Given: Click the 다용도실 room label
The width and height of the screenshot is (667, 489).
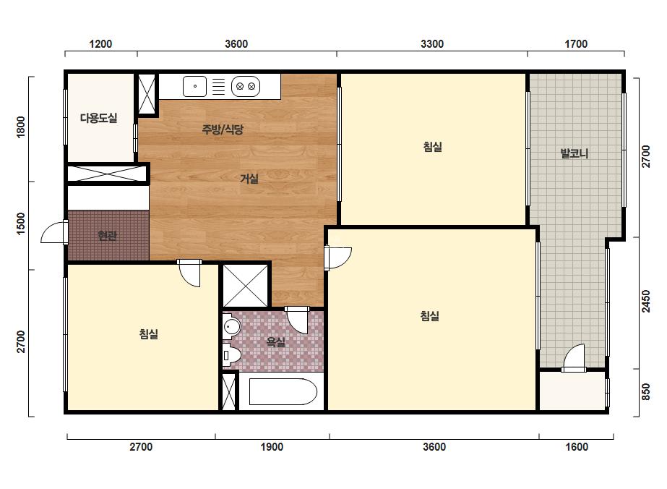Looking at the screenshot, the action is point(99,118).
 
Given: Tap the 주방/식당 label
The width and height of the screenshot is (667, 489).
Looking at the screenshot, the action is point(223,129).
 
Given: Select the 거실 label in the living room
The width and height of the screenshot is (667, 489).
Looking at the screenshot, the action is point(249,179).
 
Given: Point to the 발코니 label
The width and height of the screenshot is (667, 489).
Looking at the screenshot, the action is point(575,153).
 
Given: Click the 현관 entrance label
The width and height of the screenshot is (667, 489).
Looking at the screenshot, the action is point(107,236).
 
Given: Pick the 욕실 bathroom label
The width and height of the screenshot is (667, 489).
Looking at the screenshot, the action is point(275,341).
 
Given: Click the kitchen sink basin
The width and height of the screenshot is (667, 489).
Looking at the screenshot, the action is point(195,87).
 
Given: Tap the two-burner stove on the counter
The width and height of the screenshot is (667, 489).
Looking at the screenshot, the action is point(246,87).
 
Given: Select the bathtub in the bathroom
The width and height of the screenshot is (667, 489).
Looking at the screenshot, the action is point(283,391).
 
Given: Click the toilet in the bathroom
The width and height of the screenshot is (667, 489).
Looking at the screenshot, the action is point(231,355).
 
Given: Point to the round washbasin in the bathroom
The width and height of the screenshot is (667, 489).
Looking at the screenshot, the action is point(232,327).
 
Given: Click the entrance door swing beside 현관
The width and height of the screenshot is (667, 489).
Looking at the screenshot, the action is point(54,232).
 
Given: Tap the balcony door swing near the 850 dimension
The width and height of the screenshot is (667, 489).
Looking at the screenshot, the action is point(573,357).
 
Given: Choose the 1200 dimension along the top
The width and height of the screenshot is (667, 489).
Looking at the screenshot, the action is point(100,44).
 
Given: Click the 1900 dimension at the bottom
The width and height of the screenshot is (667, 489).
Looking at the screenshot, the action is point(272,447).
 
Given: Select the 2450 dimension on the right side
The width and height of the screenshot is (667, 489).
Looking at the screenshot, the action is point(646,301).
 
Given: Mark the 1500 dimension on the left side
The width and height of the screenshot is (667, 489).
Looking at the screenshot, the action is point(20,224).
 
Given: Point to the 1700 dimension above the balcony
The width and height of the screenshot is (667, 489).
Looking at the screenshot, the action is point(576,44).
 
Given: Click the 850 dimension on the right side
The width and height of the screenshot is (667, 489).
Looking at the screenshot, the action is point(646,392).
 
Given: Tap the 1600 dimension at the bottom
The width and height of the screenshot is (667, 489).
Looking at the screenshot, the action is point(577,447).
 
